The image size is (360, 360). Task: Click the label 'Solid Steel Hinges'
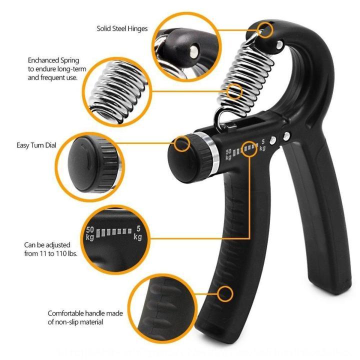[x=122, y=28]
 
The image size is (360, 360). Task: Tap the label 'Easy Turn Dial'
[x=35, y=145]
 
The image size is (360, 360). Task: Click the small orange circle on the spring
[x=234, y=91]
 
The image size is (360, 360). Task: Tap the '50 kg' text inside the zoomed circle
[x=90, y=233]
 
